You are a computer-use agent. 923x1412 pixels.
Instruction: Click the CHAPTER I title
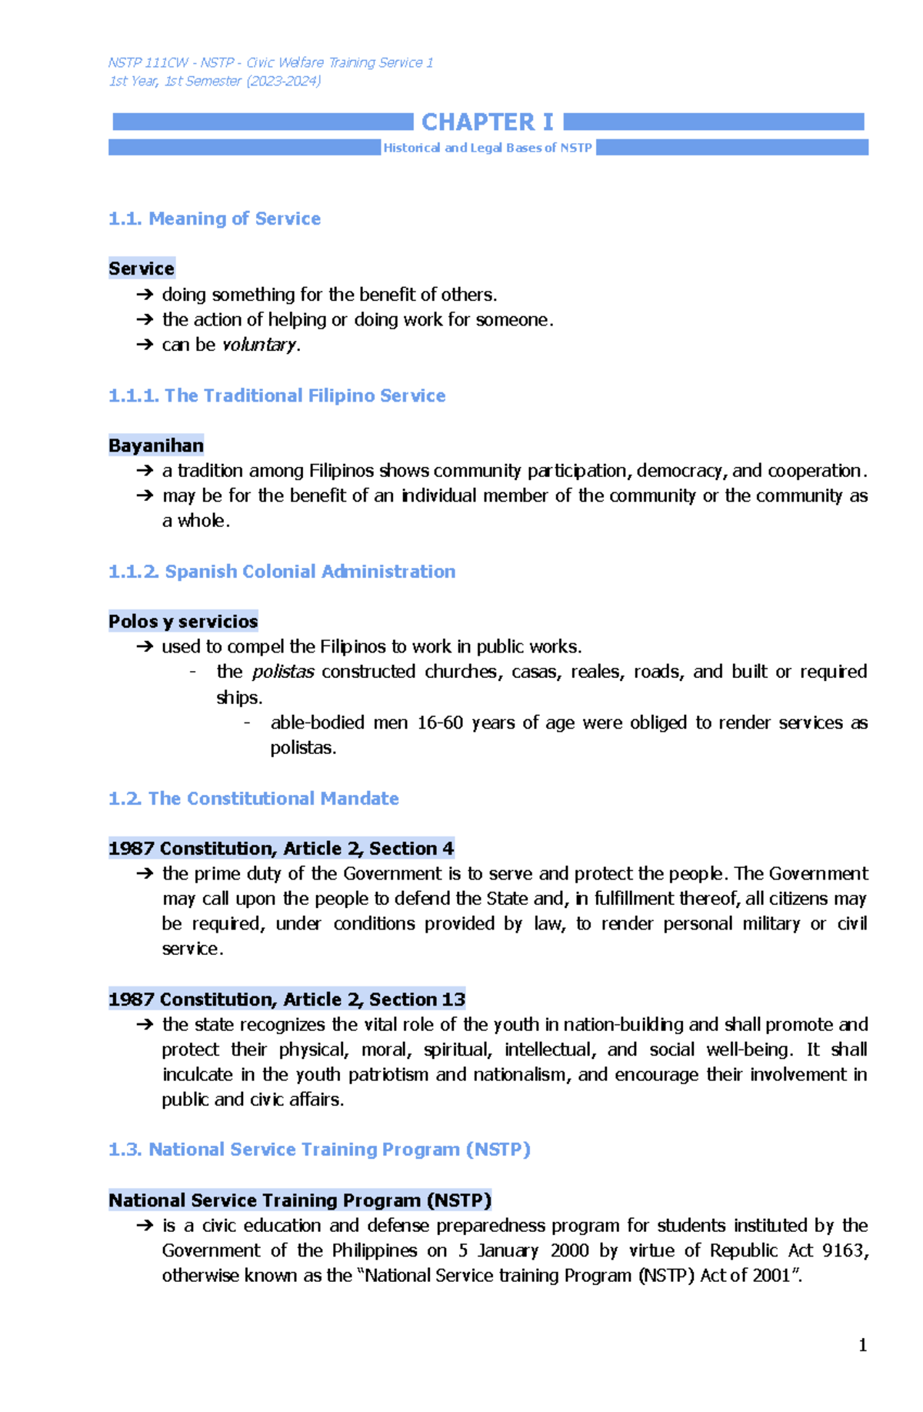[487, 122]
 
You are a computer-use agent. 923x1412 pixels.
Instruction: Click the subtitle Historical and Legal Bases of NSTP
[488, 148]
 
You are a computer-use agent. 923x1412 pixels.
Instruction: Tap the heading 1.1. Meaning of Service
[214, 219]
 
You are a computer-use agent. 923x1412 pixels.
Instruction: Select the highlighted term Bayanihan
[156, 446]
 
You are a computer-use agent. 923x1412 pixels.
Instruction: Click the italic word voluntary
[258, 345]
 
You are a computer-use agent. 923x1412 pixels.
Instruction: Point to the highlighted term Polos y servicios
[183, 621]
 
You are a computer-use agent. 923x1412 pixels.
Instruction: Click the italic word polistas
[283, 672]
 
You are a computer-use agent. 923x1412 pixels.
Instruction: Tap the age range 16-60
[440, 723]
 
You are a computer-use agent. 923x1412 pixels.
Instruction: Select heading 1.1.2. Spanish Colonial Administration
[282, 572]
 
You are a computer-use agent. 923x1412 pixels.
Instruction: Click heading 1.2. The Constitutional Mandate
[253, 799]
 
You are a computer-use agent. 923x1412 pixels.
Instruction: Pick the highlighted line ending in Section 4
[281, 849]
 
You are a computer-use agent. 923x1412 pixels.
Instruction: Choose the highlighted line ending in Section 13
[286, 1000]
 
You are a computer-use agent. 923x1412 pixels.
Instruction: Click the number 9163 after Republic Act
[844, 1250]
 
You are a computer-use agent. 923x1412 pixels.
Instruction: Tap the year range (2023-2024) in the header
[283, 81]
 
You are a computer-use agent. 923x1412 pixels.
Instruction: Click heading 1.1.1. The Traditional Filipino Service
[277, 396]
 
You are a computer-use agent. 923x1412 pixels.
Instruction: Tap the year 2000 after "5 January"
[569, 1250]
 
